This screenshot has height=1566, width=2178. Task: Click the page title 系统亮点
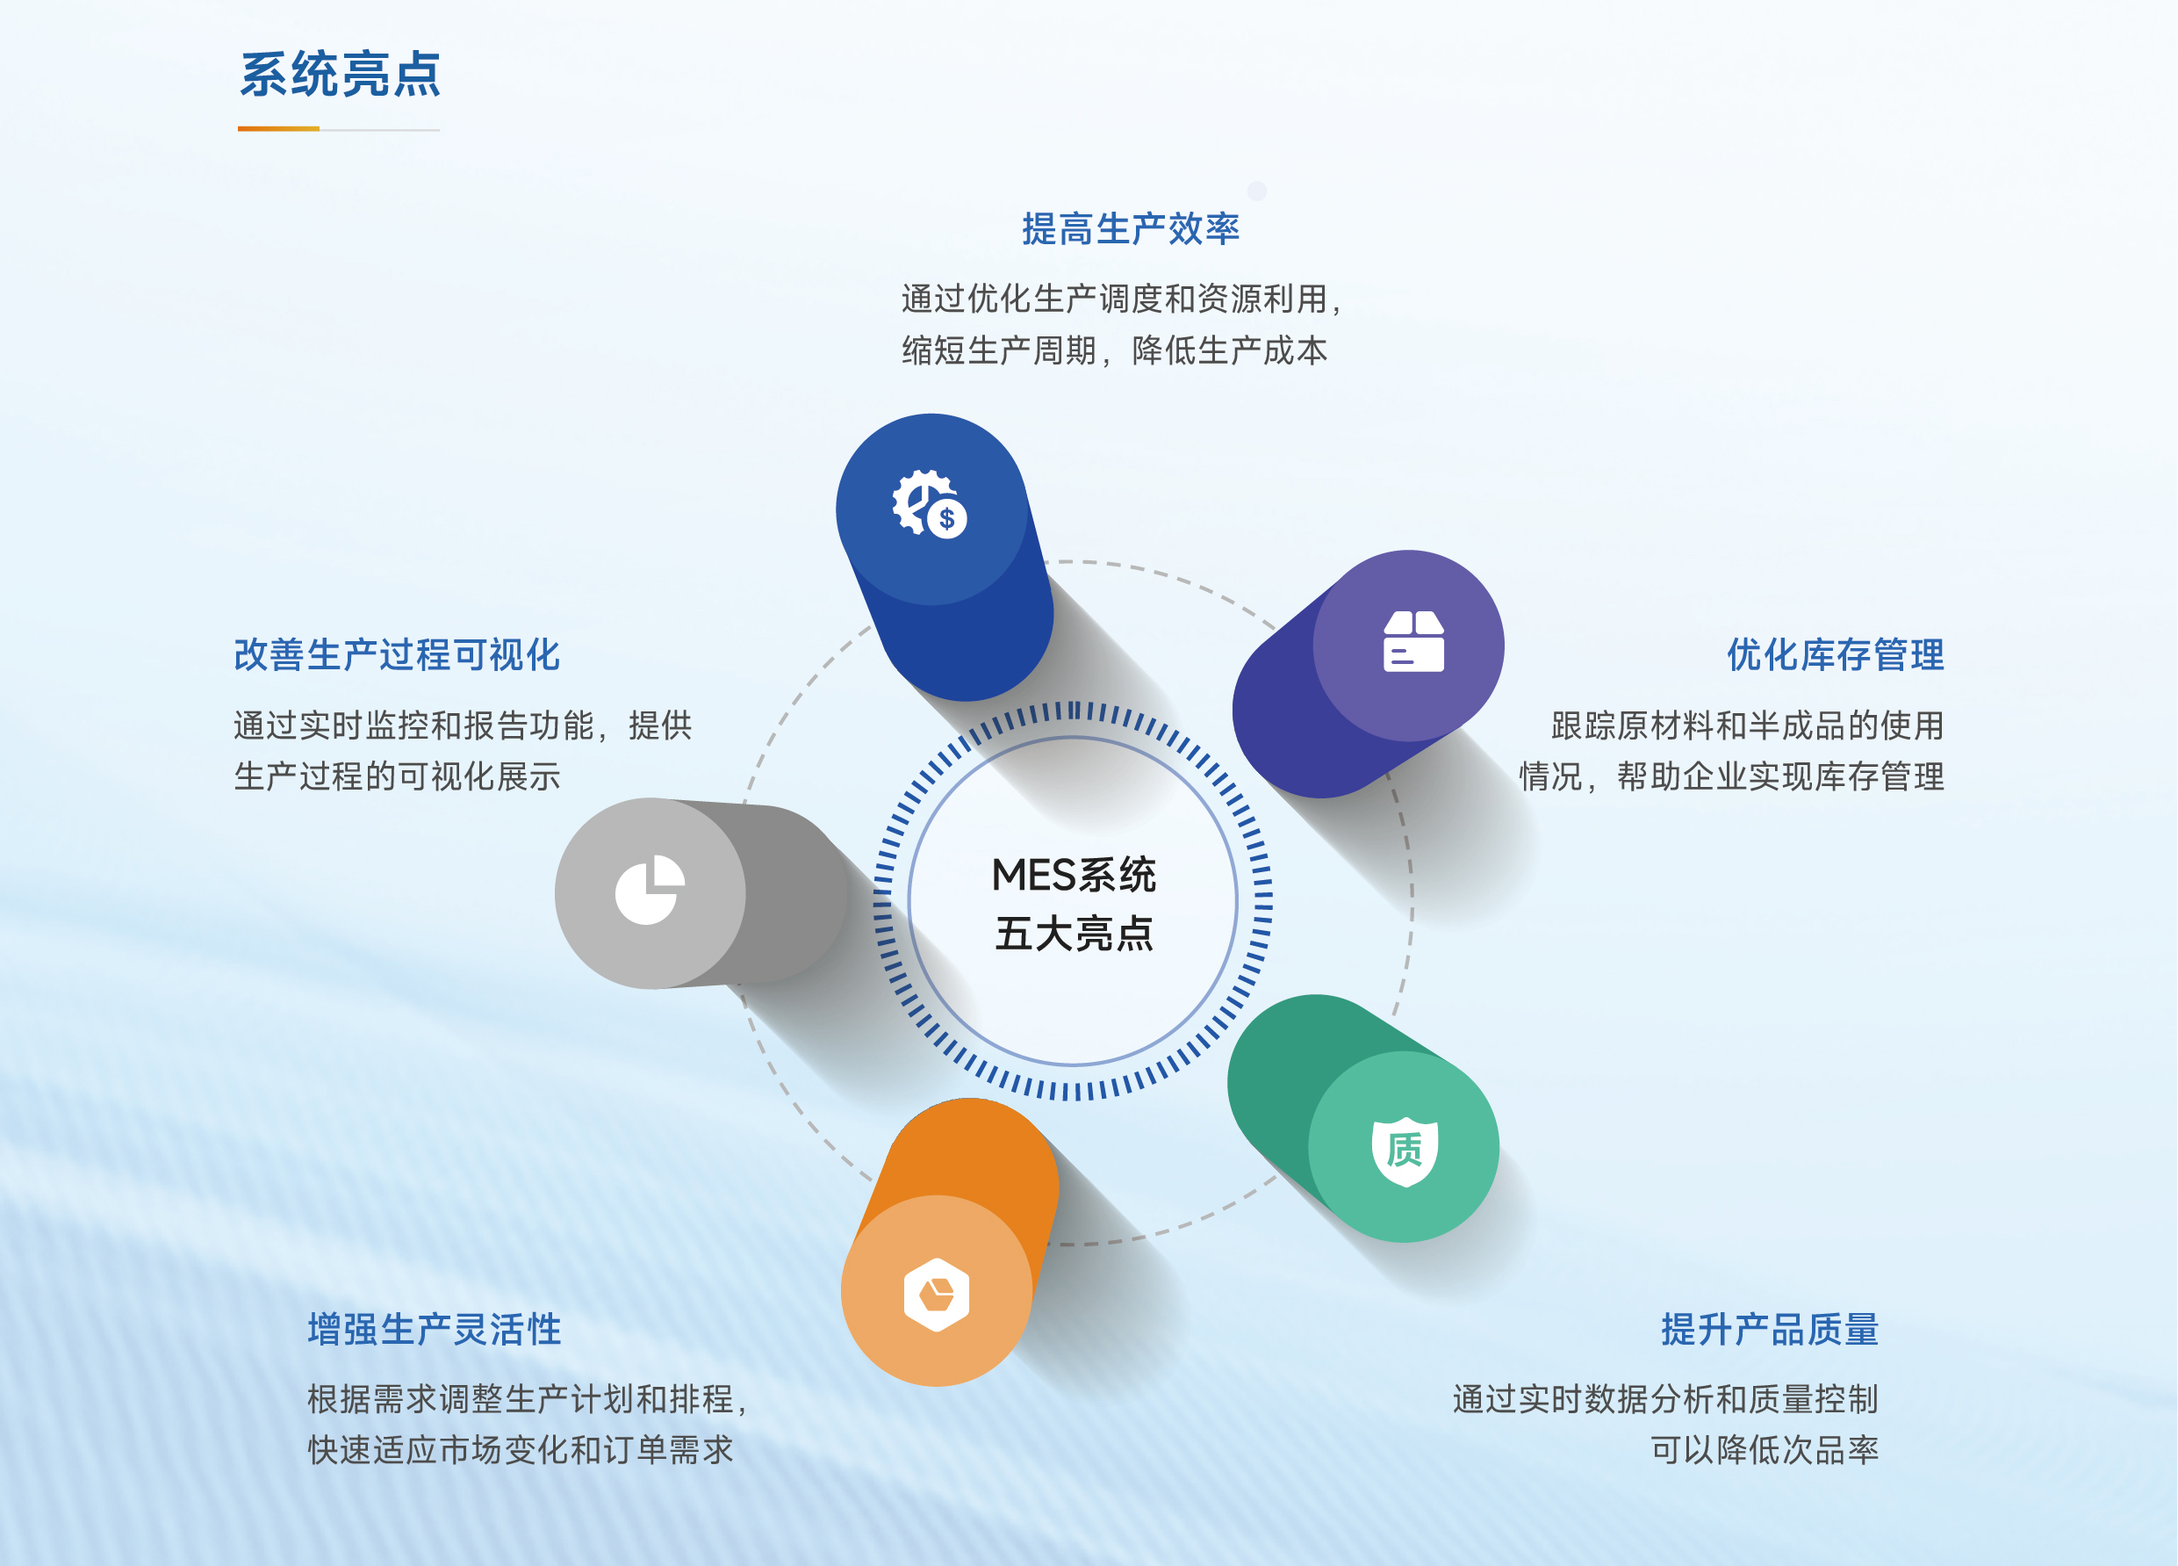click(x=340, y=75)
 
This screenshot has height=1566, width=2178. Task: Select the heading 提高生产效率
click(x=1131, y=228)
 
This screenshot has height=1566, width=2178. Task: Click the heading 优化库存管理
click(x=1835, y=654)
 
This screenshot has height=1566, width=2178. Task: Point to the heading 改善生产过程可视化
click(x=397, y=654)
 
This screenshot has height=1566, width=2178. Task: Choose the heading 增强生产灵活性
click(x=434, y=1329)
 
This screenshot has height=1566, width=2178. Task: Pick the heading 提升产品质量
click(x=1770, y=1329)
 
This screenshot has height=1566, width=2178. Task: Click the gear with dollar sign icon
click(x=930, y=503)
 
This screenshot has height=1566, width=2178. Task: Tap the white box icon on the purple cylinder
click(x=1413, y=641)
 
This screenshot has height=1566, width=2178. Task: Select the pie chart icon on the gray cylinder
click(x=651, y=890)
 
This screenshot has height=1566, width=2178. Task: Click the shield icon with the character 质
click(x=1405, y=1151)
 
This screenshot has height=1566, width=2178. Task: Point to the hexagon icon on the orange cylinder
click(x=937, y=1294)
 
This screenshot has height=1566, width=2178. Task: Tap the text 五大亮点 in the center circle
click(x=1074, y=933)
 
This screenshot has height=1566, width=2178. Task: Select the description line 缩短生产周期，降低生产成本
click(x=1115, y=350)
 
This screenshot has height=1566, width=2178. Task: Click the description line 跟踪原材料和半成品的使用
click(x=1748, y=725)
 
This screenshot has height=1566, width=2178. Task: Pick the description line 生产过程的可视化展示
click(x=397, y=776)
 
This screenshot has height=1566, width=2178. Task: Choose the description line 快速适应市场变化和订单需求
click(x=521, y=1450)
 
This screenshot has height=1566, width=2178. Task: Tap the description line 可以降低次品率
click(x=1765, y=1450)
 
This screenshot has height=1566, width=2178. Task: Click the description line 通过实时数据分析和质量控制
click(x=1666, y=1399)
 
